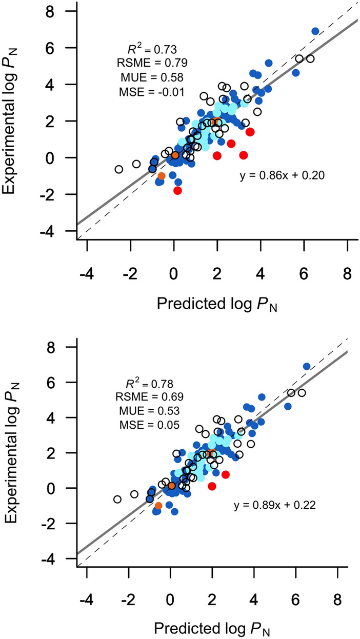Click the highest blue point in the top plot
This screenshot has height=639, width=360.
pos(315,31)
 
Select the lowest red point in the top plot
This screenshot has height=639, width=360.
pos(178,190)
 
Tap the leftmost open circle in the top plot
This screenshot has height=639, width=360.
pos(119,169)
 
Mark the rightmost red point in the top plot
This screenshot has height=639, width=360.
pos(250,132)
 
